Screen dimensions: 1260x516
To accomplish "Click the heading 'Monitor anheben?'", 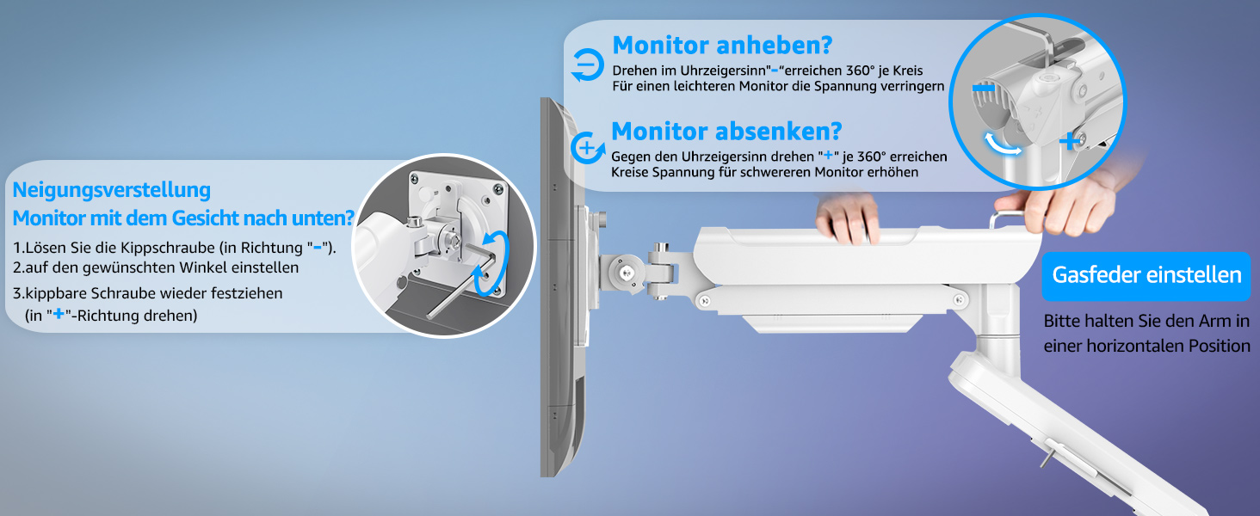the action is [x=722, y=45].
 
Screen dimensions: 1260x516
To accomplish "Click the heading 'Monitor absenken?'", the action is [x=726, y=131].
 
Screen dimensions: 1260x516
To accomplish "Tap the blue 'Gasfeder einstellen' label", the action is [x=1146, y=275].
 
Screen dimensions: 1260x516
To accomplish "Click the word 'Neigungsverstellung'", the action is [x=111, y=190].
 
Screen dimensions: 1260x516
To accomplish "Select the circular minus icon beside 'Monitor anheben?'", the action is [x=587, y=64].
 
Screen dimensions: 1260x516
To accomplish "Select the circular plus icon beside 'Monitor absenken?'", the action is [x=587, y=149].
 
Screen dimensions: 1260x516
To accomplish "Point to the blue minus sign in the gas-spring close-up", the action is [x=983, y=89].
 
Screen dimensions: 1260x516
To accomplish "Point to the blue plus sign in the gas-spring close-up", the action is [x=1071, y=140].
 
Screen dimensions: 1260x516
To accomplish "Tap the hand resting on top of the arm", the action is [x=847, y=217].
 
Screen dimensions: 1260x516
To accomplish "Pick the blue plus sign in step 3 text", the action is [x=58, y=314].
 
